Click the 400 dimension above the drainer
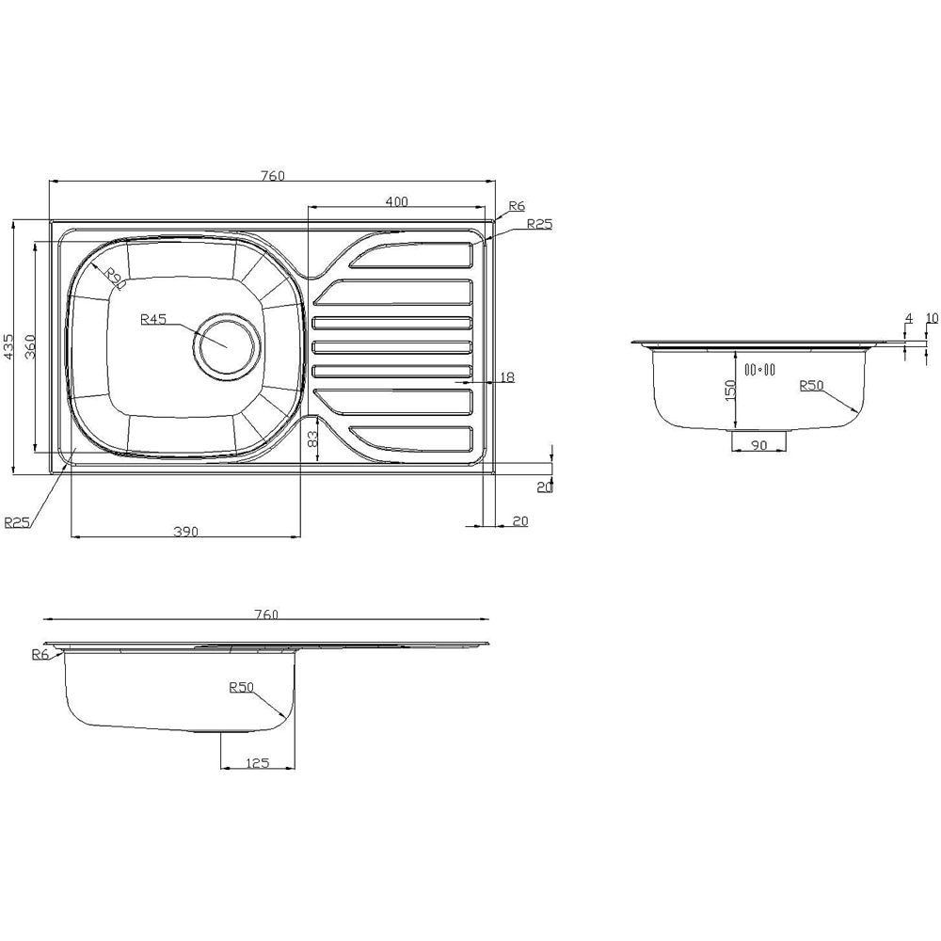pyautogui.click(x=396, y=201)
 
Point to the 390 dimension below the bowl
pyautogui.click(x=185, y=532)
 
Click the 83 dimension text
pyautogui.click(x=312, y=439)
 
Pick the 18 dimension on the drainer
pyautogui.click(x=506, y=377)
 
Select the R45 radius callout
pyautogui.click(x=153, y=319)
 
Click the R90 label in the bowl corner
pyautogui.click(x=114, y=278)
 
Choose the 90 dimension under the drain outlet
pyautogui.click(x=758, y=445)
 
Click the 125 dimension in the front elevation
pyautogui.click(x=257, y=763)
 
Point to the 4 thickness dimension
pyautogui.click(x=908, y=319)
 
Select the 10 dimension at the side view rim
pyautogui.click(x=932, y=318)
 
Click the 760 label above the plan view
pyautogui.click(x=272, y=175)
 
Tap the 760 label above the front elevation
pyautogui.click(x=266, y=614)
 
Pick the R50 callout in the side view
pyautogui.click(x=811, y=385)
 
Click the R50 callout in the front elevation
pyautogui.click(x=242, y=687)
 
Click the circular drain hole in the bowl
pyautogui.click(x=227, y=343)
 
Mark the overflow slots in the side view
pyautogui.click(x=758, y=370)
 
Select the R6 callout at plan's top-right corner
pyautogui.click(x=516, y=206)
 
